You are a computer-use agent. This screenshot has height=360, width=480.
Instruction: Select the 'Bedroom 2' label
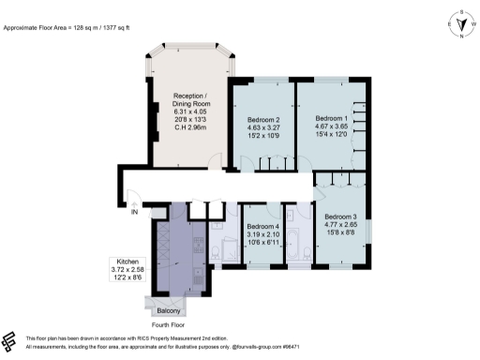264,121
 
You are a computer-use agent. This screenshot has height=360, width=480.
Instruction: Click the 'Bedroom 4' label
263,227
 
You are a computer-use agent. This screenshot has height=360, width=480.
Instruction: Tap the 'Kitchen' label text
124,261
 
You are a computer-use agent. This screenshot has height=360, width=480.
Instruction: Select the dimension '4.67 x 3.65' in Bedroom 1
329,130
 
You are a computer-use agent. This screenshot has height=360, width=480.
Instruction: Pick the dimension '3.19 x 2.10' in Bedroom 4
263,236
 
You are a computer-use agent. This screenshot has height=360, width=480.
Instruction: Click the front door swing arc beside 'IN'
135,200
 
